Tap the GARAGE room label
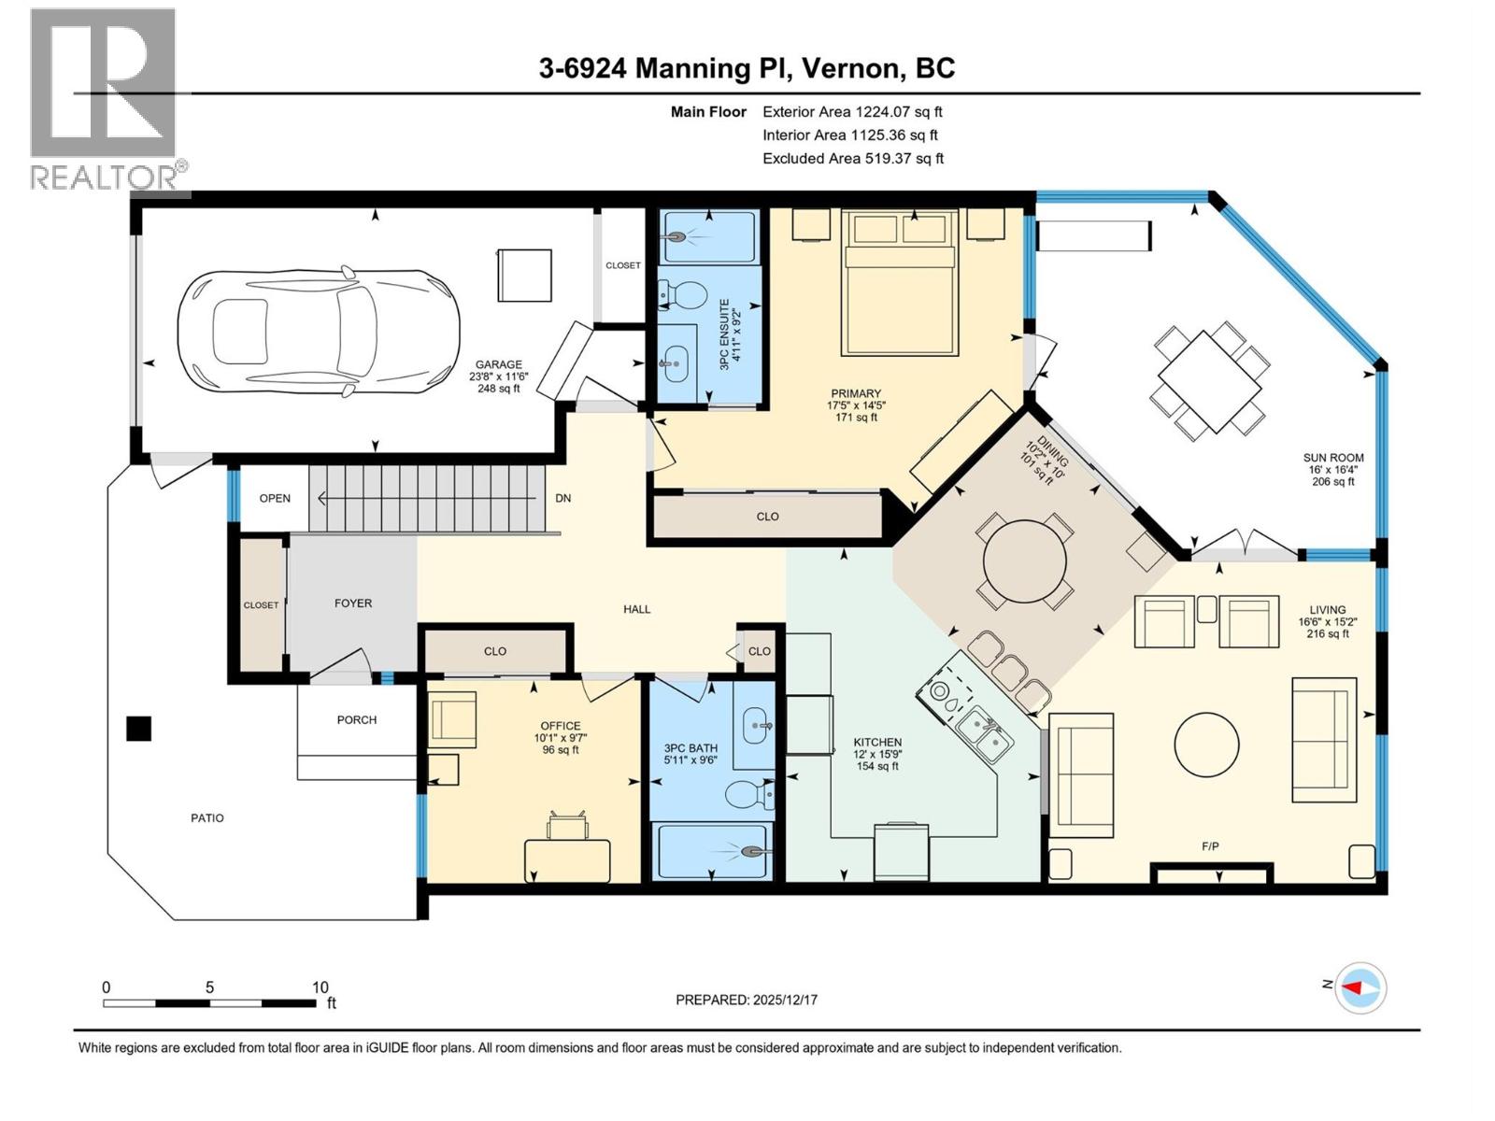[x=498, y=365]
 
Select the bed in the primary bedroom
[x=900, y=282]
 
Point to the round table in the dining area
[x=1024, y=562]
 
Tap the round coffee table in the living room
[x=1206, y=745]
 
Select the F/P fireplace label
[x=1210, y=846]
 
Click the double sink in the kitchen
[x=985, y=734]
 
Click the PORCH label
[x=357, y=720]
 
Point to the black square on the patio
[x=138, y=728]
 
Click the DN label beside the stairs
[x=562, y=499]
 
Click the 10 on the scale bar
[x=320, y=987]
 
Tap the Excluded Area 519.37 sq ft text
[x=852, y=159]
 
